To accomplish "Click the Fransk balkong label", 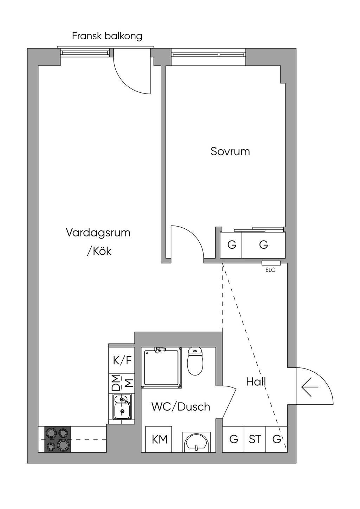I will click(x=107, y=36).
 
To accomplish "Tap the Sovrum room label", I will click(x=230, y=151).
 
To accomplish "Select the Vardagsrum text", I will click(x=98, y=233).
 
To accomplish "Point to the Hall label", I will click(x=256, y=382).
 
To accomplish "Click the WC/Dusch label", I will click(x=181, y=407).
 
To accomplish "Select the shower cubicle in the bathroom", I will click(x=161, y=367).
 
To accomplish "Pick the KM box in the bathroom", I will click(x=159, y=439).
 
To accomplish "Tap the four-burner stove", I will click(x=58, y=439).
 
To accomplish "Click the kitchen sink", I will click(x=122, y=406).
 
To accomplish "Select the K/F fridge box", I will click(x=122, y=360).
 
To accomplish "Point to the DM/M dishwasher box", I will click(x=122, y=383).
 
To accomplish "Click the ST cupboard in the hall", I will click(x=255, y=439).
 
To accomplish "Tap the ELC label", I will click(x=270, y=270).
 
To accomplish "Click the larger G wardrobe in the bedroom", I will click(x=263, y=244).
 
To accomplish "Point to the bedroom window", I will click(x=208, y=54).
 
